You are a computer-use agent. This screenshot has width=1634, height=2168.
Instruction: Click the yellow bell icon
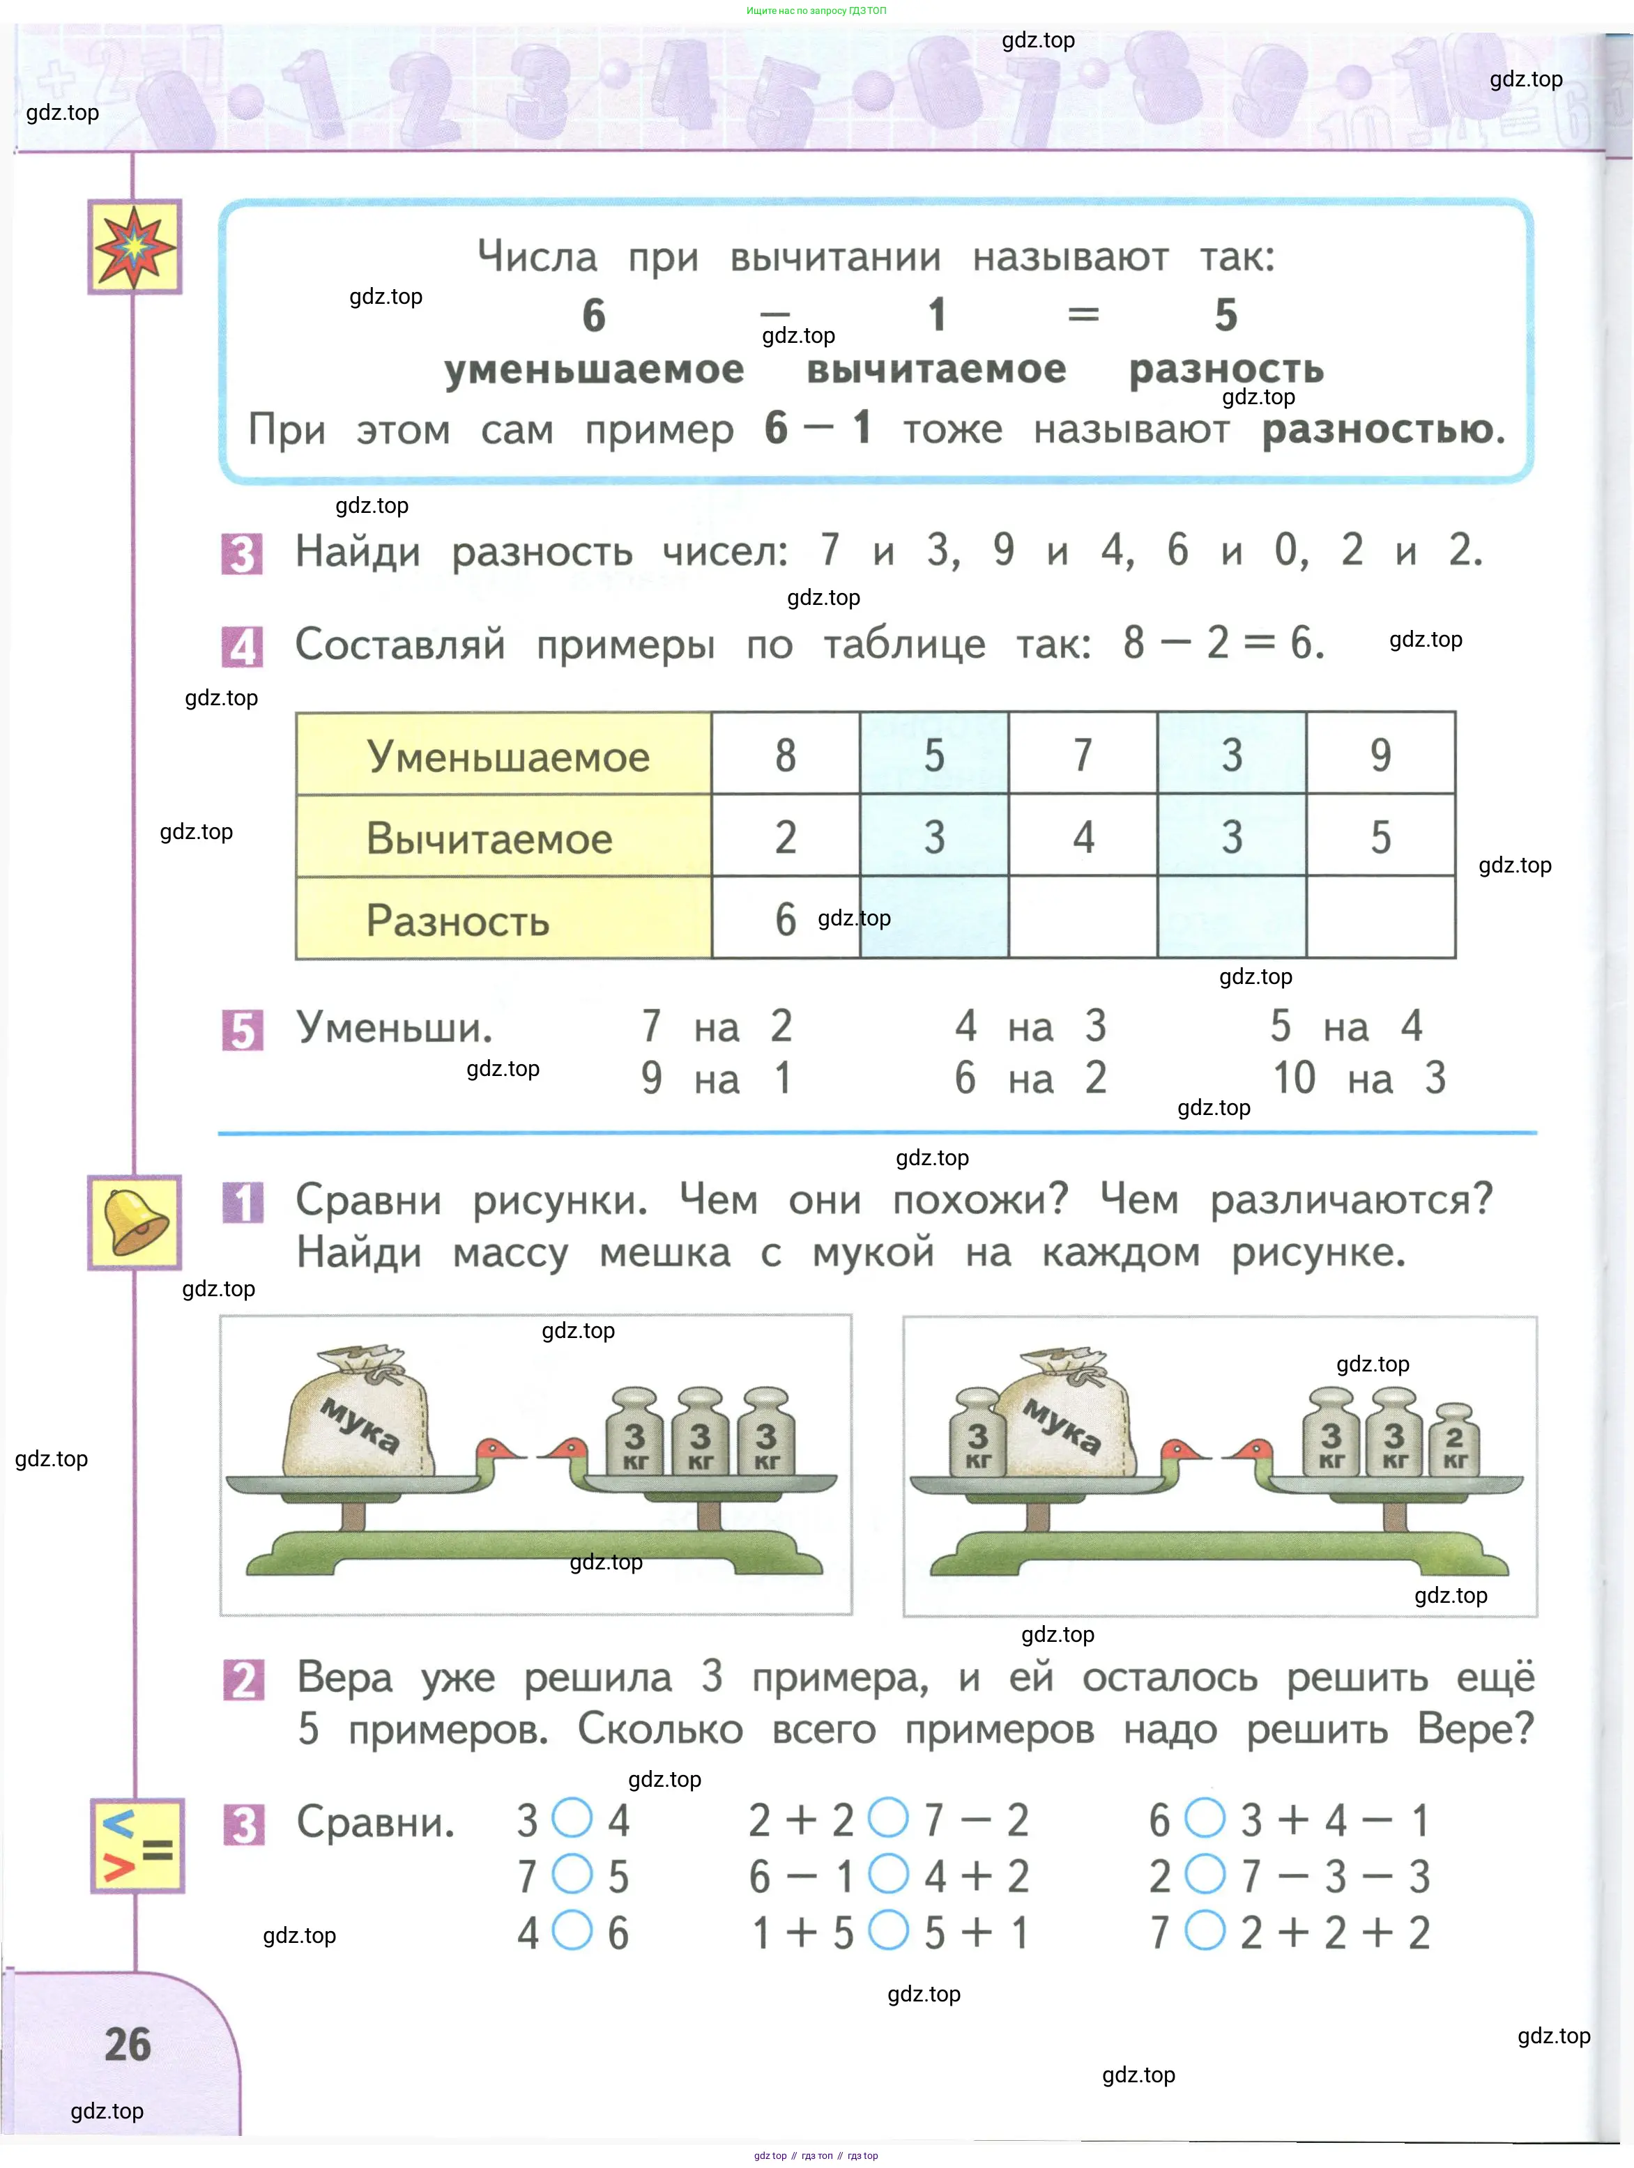[x=135, y=1222]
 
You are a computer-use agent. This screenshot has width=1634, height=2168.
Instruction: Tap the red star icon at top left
[x=135, y=247]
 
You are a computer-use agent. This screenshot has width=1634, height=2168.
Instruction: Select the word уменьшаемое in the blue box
[x=594, y=369]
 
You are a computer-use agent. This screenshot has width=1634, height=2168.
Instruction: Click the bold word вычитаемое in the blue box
[x=936, y=369]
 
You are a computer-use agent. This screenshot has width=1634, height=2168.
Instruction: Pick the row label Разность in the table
[x=458, y=921]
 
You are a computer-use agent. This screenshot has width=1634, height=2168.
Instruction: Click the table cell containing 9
[x=1380, y=754]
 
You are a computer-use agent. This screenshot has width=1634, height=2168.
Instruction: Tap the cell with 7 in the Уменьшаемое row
[x=1082, y=754]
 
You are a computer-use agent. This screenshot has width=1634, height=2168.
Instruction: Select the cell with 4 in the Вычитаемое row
[x=1082, y=836]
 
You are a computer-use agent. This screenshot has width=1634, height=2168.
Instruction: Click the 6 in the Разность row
[x=785, y=918]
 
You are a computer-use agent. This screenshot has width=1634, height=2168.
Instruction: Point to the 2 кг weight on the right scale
[x=1455, y=1439]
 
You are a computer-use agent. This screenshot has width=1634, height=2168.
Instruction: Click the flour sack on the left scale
[x=357, y=1410]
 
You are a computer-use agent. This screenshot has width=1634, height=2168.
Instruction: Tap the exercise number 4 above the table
[x=242, y=646]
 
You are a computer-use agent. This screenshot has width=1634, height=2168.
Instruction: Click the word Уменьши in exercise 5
[x=394, y=1027]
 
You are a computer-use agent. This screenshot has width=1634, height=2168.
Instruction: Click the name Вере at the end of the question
[x=1475, y=1729]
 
